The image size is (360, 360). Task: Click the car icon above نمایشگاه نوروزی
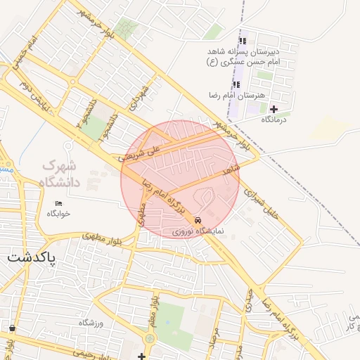198,219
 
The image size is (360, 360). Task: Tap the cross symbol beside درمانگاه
274,109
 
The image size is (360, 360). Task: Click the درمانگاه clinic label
274,120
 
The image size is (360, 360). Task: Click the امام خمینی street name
19,57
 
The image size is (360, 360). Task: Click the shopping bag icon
12,328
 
